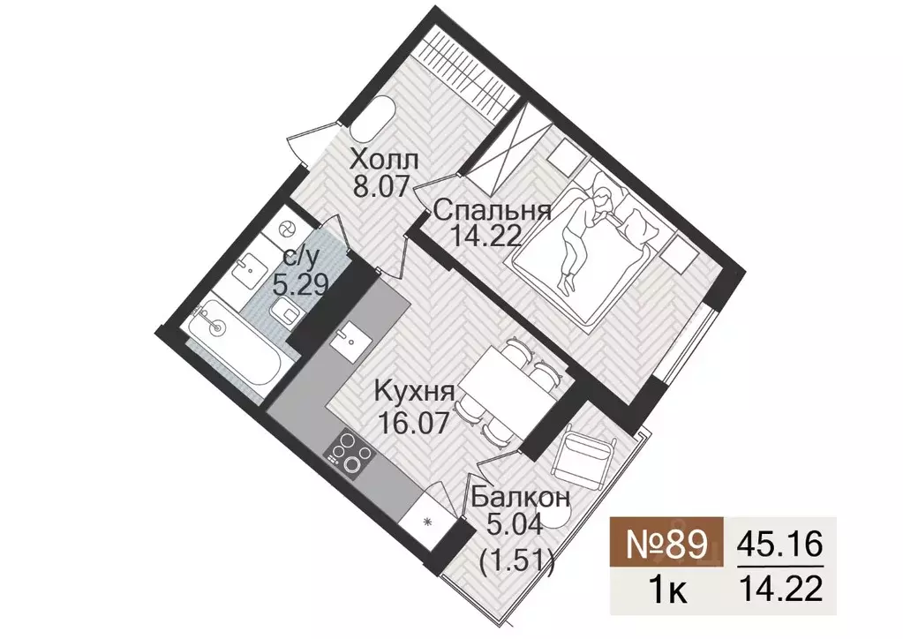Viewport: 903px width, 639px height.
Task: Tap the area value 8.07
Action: (383, 188)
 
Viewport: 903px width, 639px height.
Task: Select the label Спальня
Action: (493, 210)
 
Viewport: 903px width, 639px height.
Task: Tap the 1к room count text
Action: (666, 586)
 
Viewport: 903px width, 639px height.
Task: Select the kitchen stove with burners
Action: (348, 454)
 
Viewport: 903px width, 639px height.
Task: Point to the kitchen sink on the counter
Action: (351, 337)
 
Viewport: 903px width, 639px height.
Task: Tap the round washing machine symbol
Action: (286, 229)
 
